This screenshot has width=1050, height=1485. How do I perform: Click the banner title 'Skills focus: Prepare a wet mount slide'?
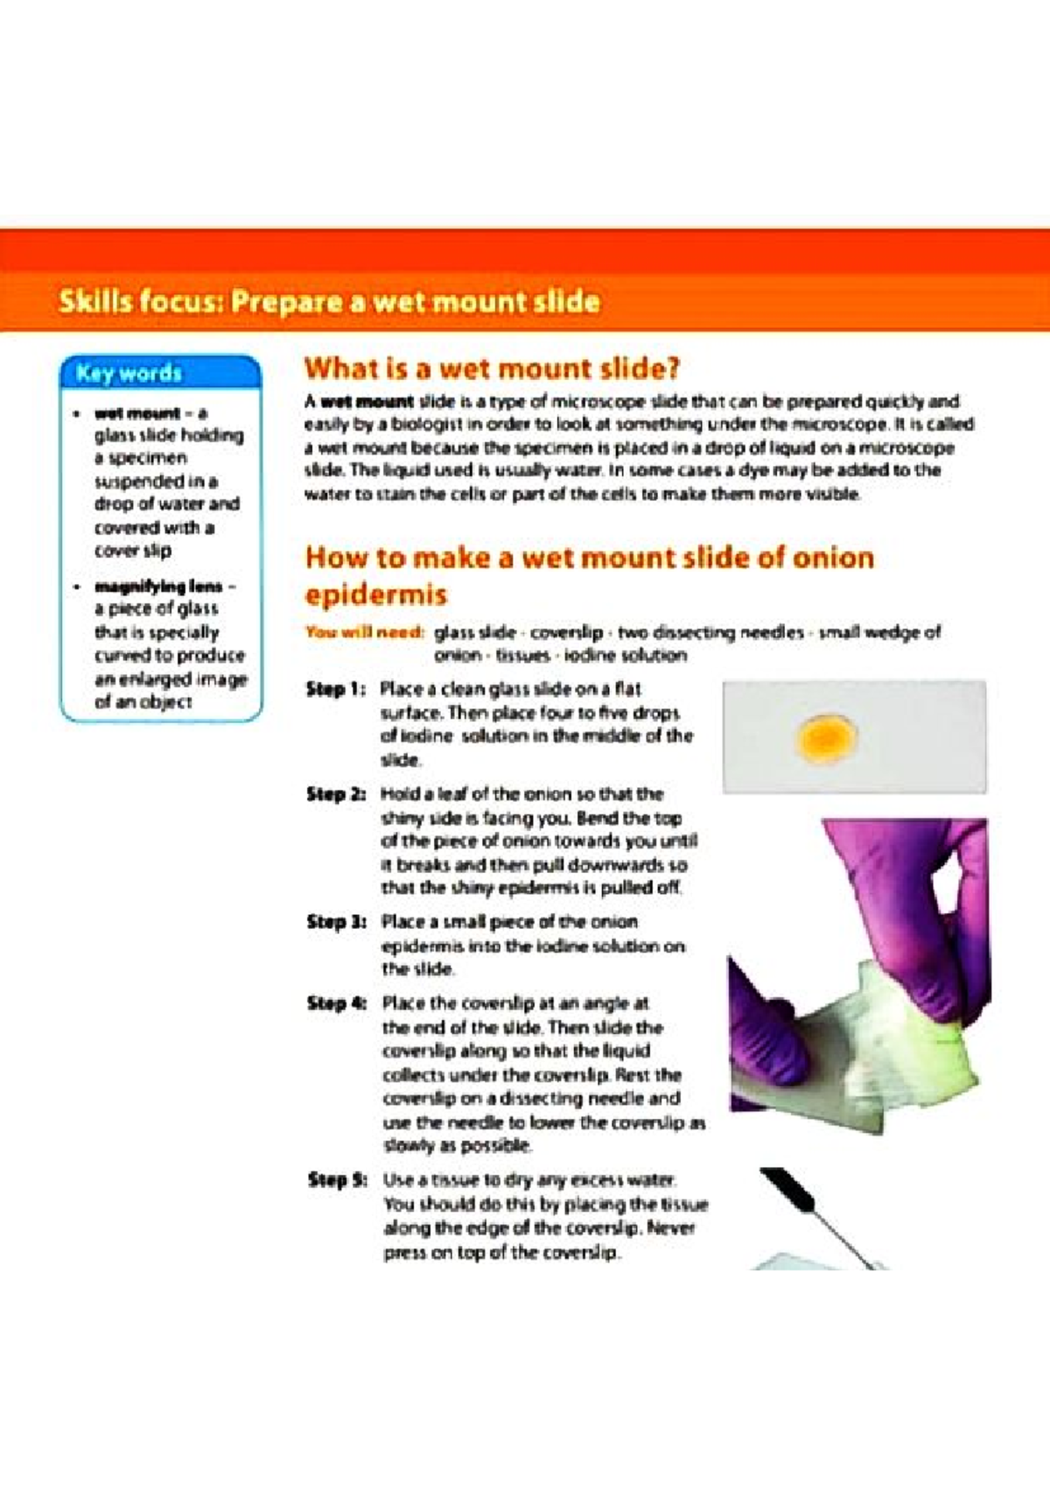[329, 302]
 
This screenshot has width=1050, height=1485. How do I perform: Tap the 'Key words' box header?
[129, 374]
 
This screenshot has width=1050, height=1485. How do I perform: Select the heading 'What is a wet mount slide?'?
[492, 368]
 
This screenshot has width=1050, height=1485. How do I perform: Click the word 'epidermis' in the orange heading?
[375, 595]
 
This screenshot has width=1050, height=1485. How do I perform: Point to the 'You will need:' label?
[364, 632]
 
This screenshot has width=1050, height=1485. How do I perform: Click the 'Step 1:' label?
[335, 690]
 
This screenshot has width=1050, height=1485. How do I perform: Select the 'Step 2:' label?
[335, 795]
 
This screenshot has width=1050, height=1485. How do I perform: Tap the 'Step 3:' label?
[336, 922]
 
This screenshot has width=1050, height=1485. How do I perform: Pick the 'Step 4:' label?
[336, 1003]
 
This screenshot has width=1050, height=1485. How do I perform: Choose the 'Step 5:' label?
[337, 1180]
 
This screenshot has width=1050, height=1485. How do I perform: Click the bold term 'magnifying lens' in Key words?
[158, 587]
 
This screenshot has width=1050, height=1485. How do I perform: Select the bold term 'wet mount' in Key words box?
[137, 413]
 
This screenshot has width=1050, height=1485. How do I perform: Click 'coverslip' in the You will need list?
[566, 632]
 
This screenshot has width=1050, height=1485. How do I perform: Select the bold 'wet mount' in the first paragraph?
[367, 403]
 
